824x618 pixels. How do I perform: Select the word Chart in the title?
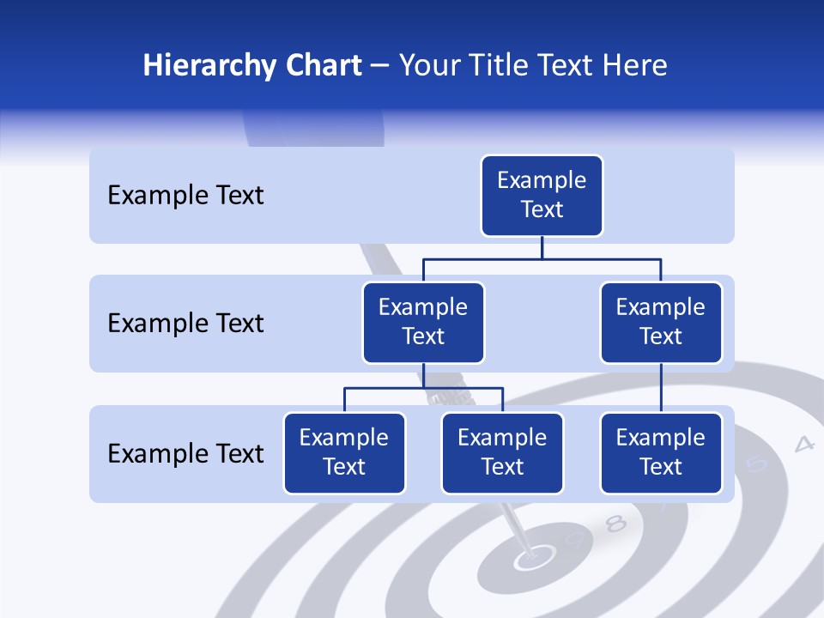click(321, 66)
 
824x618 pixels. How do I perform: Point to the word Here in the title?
click(635, 66)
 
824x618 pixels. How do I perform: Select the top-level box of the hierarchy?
click(542, 196)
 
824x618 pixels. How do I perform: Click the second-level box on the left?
click(423, 323)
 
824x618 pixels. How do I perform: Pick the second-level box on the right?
click(661, 323)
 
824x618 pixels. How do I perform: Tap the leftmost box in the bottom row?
click(344, 453)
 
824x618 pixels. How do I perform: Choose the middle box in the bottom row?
click(502, 453)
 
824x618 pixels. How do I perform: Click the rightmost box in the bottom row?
click(661, 453)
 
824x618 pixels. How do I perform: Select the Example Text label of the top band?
click(185, 196)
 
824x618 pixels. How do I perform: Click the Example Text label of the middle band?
click(185, 324)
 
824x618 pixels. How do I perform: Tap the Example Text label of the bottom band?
click(185, 453)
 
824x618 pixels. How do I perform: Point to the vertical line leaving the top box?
click(542, 247)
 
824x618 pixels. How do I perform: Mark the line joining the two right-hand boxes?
click(661, 388)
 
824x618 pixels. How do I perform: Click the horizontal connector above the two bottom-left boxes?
click(423, 388)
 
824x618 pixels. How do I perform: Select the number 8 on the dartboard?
click(615, 524)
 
